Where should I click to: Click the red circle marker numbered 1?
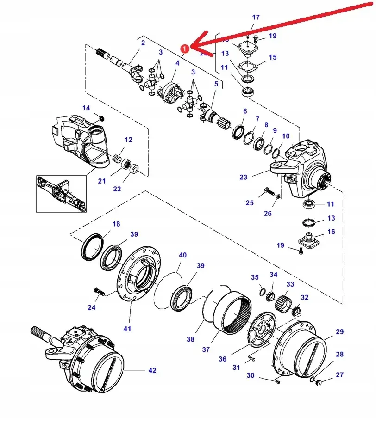pos(184,48)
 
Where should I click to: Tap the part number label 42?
pos(152,370)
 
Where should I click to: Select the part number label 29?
pos(339,332)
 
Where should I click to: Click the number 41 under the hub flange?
pos(127,329)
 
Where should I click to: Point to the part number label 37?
pos(206,349)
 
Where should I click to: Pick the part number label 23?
pos(244,177)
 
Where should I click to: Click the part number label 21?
pos(102,181)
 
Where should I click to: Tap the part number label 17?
pos(256,18)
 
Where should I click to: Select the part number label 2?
pos(143,43)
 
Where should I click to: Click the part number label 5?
pos(216,84)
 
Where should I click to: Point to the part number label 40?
pos(183,255)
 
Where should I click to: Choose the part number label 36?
pos(222,359)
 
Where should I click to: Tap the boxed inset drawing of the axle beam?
pos(61,193)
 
